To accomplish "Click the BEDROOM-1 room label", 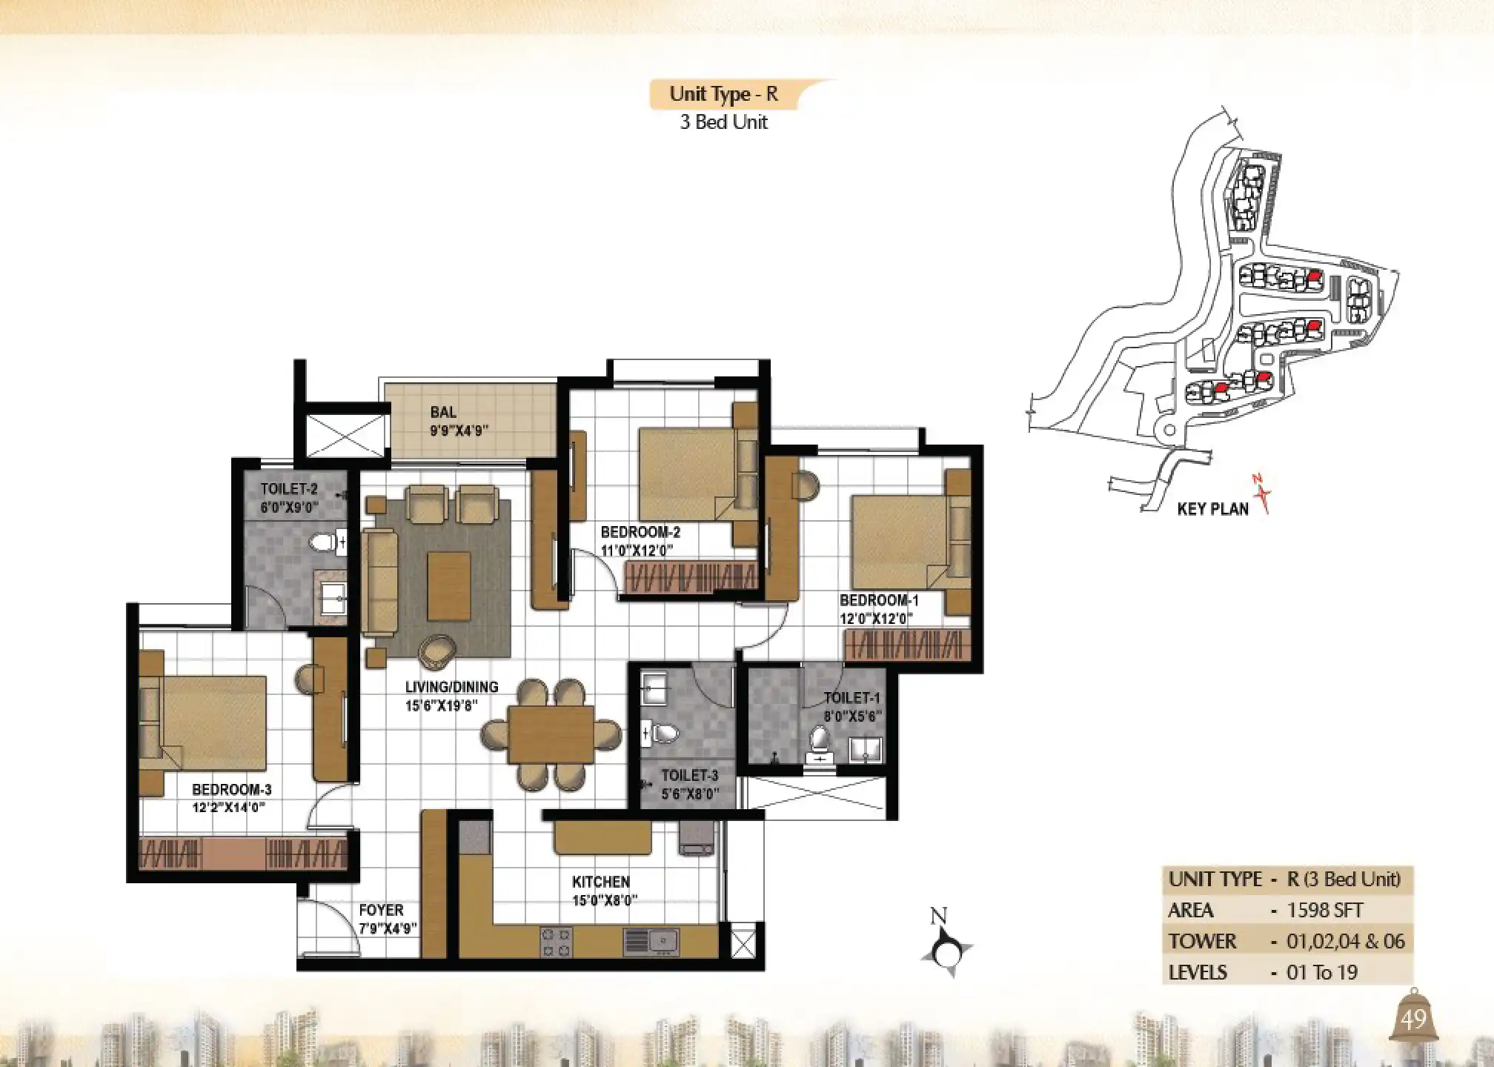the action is pos(879,600).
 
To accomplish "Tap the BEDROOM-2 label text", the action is pos(640,532).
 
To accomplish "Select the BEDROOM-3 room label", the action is pos(231,790).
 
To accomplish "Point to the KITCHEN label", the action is pos(601,882).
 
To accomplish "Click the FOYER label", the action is pos(381,910).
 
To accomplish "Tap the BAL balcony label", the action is pos(443,412).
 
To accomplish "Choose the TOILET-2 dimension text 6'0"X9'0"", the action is pos(289,508).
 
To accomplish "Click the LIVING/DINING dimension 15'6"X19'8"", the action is pos(442,705).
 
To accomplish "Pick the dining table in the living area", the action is pos(551,734).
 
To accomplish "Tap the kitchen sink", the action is pos(651,941).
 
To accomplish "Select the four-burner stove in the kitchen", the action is pos(556,942).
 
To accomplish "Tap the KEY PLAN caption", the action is pos(1212,509).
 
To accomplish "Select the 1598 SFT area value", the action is pos(1325,911).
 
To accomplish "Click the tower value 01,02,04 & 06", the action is pos(1345,942).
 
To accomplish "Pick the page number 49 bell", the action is pos(1413,1020).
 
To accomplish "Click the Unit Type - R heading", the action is pos(723,95).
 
